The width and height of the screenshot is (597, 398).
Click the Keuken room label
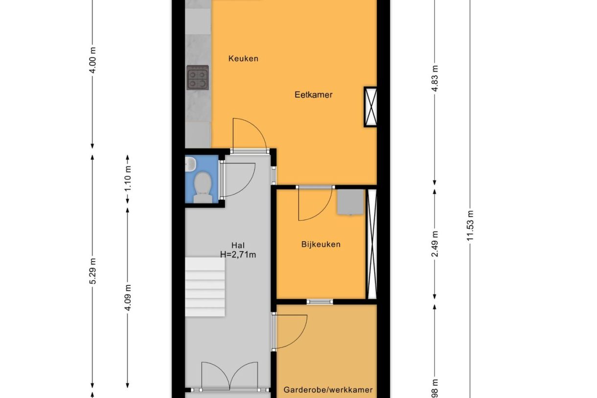tap(243, 59)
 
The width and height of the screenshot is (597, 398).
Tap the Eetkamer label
tap(313, 95)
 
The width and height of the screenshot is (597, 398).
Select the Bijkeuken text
tap(321, 244)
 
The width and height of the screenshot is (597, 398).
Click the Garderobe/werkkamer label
tap(328, 390)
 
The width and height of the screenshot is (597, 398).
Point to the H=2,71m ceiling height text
tap(238, 254)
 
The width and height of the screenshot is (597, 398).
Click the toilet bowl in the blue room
tap(201, 187)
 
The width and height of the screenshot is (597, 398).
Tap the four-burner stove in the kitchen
tap(198, 77)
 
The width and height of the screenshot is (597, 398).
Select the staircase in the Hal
tap(205, 287)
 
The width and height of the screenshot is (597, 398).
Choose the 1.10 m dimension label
tap(128, 179)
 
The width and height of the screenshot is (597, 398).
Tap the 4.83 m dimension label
tap(435, 75)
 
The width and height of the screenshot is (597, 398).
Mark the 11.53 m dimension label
tap(470, 226)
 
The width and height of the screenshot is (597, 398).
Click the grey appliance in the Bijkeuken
tap(350, 202)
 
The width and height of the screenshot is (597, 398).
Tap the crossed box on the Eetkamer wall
tap(370, 107)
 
